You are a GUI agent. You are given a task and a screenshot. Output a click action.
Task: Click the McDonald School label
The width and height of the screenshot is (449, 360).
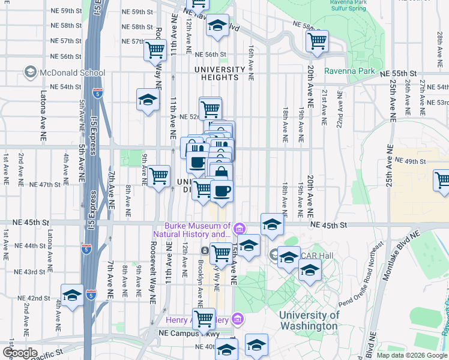[x=64, y=73]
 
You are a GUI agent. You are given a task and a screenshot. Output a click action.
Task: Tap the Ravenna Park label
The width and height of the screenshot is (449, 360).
[x=349, y=71]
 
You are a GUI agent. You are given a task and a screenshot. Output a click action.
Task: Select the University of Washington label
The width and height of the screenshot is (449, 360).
[x=309, y=320]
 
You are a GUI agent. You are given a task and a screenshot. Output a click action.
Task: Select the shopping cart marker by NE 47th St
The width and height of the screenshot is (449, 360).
[x=159, y=176]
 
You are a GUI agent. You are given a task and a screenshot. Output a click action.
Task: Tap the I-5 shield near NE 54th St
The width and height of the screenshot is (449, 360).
[x=98, y=93]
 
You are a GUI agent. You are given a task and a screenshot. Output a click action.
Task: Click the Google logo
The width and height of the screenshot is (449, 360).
[x=19, y=352]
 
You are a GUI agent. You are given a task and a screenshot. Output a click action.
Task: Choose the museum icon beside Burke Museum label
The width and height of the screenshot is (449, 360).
[x=239, y=229]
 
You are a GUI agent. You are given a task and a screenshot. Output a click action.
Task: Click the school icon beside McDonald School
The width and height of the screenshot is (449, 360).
[x=29, y=73]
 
